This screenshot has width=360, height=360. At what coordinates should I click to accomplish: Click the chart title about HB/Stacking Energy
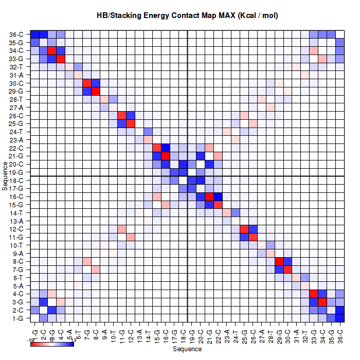point(187,15)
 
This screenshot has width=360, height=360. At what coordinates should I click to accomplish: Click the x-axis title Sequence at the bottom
point(187,349)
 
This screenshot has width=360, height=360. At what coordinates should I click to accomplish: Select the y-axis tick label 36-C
point(16,34)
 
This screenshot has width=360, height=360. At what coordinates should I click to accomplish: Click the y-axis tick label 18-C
point(16,181)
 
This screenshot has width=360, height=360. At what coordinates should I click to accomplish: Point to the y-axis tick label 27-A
point(16,107)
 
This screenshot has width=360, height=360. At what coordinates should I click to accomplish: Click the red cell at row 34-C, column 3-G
point(52,51)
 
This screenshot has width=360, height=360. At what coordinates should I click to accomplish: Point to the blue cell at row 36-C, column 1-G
point(35,34)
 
